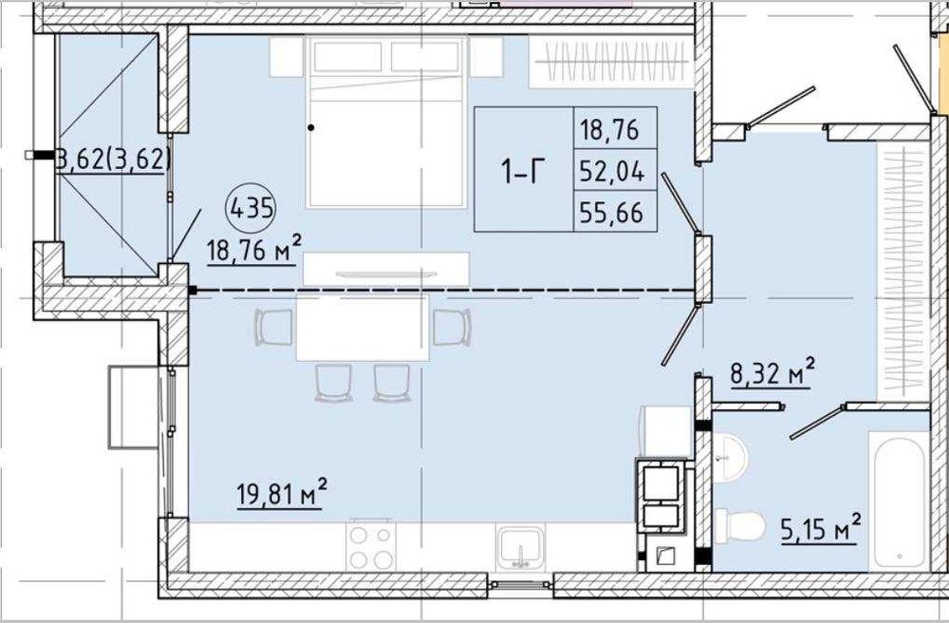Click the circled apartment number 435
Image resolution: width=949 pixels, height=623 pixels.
point(251,209)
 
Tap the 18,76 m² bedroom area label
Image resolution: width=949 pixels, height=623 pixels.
point(253,248)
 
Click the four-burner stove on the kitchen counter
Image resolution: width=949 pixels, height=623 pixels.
point(371,546)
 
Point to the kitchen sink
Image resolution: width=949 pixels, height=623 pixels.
point(520,547)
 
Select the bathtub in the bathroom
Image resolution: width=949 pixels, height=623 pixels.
point(900,500)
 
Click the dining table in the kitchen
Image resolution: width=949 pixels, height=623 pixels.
point(362,328)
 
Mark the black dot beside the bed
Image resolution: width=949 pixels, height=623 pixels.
point(311,128)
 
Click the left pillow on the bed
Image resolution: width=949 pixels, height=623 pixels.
point(347,58)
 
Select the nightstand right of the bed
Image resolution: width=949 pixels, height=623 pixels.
point(487,58)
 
